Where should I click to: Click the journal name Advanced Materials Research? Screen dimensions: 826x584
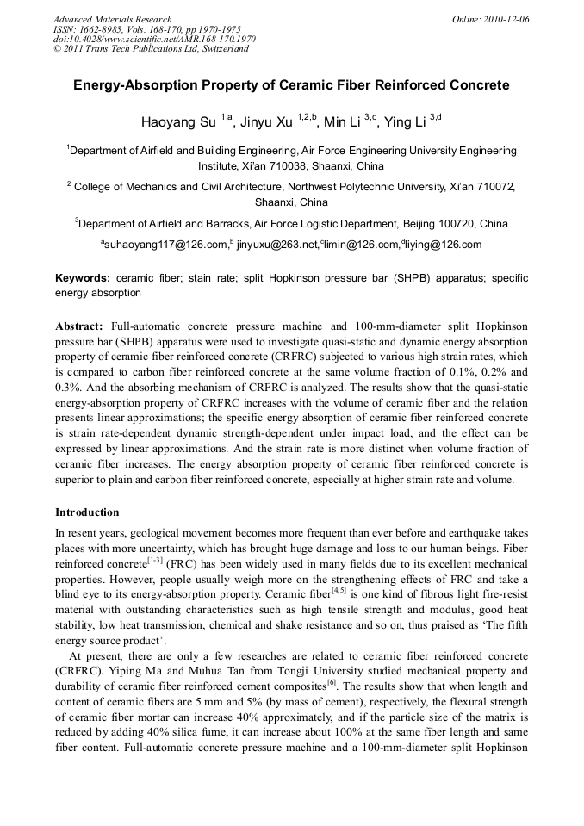pos(112,19)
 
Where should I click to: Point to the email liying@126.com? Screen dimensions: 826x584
pos(443,245)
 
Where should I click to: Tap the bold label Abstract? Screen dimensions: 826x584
pos(79,327)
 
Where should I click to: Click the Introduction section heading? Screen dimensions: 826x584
pos(87,512)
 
